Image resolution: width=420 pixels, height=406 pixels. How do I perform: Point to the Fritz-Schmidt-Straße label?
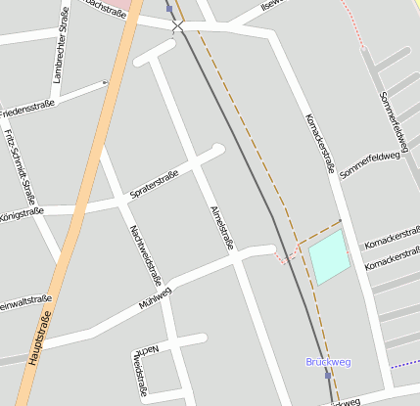click(x=19, y=163)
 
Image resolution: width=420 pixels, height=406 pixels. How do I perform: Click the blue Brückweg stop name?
click(x=328, y=362)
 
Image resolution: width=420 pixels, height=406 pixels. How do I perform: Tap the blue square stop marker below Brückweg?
click(x=328, y=375)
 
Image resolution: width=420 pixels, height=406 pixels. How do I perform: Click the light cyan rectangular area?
click(x=328, y=256)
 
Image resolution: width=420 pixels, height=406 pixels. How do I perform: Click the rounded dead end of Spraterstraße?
click(x=218, y=149)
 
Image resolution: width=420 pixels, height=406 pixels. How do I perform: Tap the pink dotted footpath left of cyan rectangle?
click(x=283, y=259)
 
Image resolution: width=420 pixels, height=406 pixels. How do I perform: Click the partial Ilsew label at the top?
click(x=270, y=6)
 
